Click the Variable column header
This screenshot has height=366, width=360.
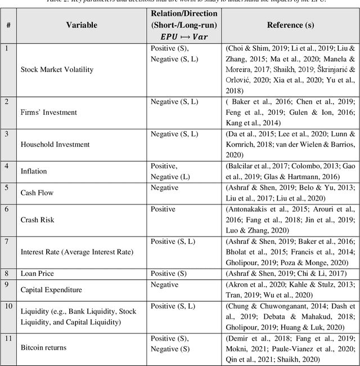coord(82,25)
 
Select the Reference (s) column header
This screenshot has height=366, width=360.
coord(291,25)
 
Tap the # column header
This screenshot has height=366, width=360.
coord(8,25)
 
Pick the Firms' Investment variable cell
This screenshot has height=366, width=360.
coord(48,112)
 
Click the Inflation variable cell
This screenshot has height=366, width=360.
coord(34,171)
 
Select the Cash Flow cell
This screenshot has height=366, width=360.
coord(37,193)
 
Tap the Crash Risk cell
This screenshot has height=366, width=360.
coord(38,220)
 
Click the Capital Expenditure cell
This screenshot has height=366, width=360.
coord(51,290)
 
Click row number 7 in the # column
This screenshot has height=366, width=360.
coord(7,242)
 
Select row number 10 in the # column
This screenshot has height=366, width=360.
coord(8,306)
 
